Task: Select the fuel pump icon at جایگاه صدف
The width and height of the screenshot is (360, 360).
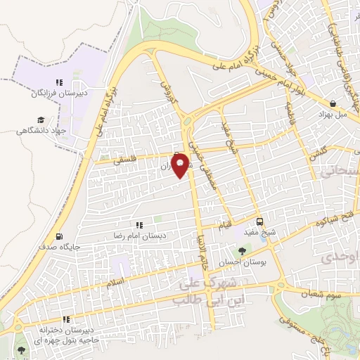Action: [x=58, y=236]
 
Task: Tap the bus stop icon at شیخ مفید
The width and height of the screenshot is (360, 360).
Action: [x=260, y=220]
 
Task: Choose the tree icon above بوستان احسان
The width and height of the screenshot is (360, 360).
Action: [x=243, y=250]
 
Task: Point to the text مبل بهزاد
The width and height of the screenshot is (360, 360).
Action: [x=333, y=112]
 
